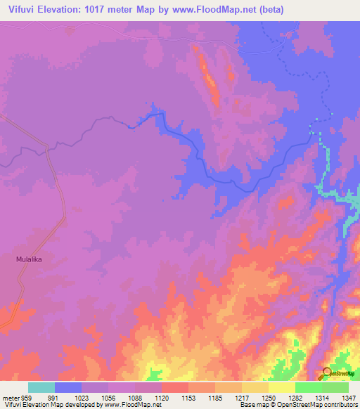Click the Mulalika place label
point(30,259)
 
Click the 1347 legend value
point(349,397)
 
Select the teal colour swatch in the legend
point(41,387)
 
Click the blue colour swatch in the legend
point(68,387)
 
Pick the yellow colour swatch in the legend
point(281,387)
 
